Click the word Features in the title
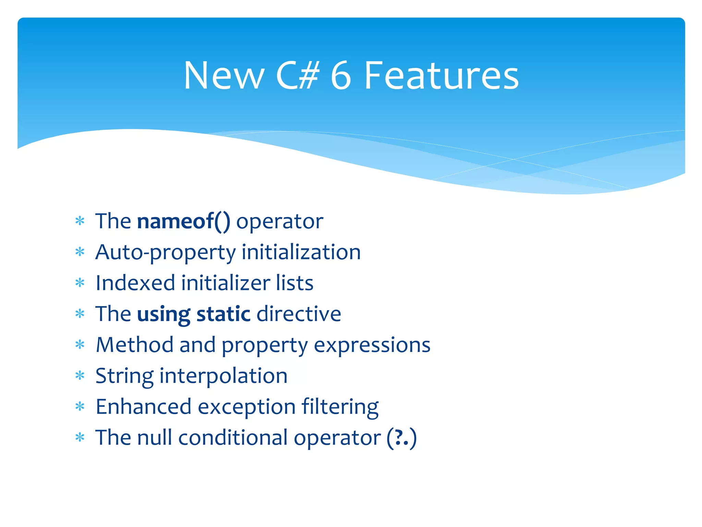coord(441,75)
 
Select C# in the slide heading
coord(298,75)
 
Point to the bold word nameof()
coord(184,221)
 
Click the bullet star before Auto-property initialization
coord(80,253)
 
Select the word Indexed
coord(135,283)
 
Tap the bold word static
coord(223,314)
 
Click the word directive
coord(299,314)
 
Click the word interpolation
coord(223,376)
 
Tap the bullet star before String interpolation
coord(80,376)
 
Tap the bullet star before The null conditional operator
coord(80,438)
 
